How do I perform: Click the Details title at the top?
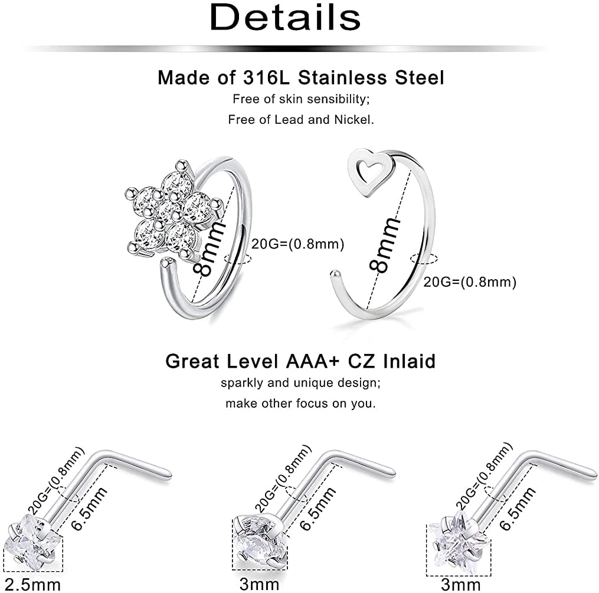pyautogui.click(x=285, y=17)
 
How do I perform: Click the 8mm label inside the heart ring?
pyautogui.click(x=385, y=244)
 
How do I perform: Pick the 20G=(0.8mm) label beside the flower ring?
pyautogui.click(x=297, y=244)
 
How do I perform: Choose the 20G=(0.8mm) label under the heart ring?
pyautogui.click(x=470, y=282)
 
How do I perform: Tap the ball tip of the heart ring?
pyautogui.click(x=335, y=273)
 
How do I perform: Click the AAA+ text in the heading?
pyautogui.click(x=313, y=361)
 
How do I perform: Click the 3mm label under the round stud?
pyautogui.click(x=260, y=584)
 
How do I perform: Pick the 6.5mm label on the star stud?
pyautogui.click(x=518, y=509)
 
